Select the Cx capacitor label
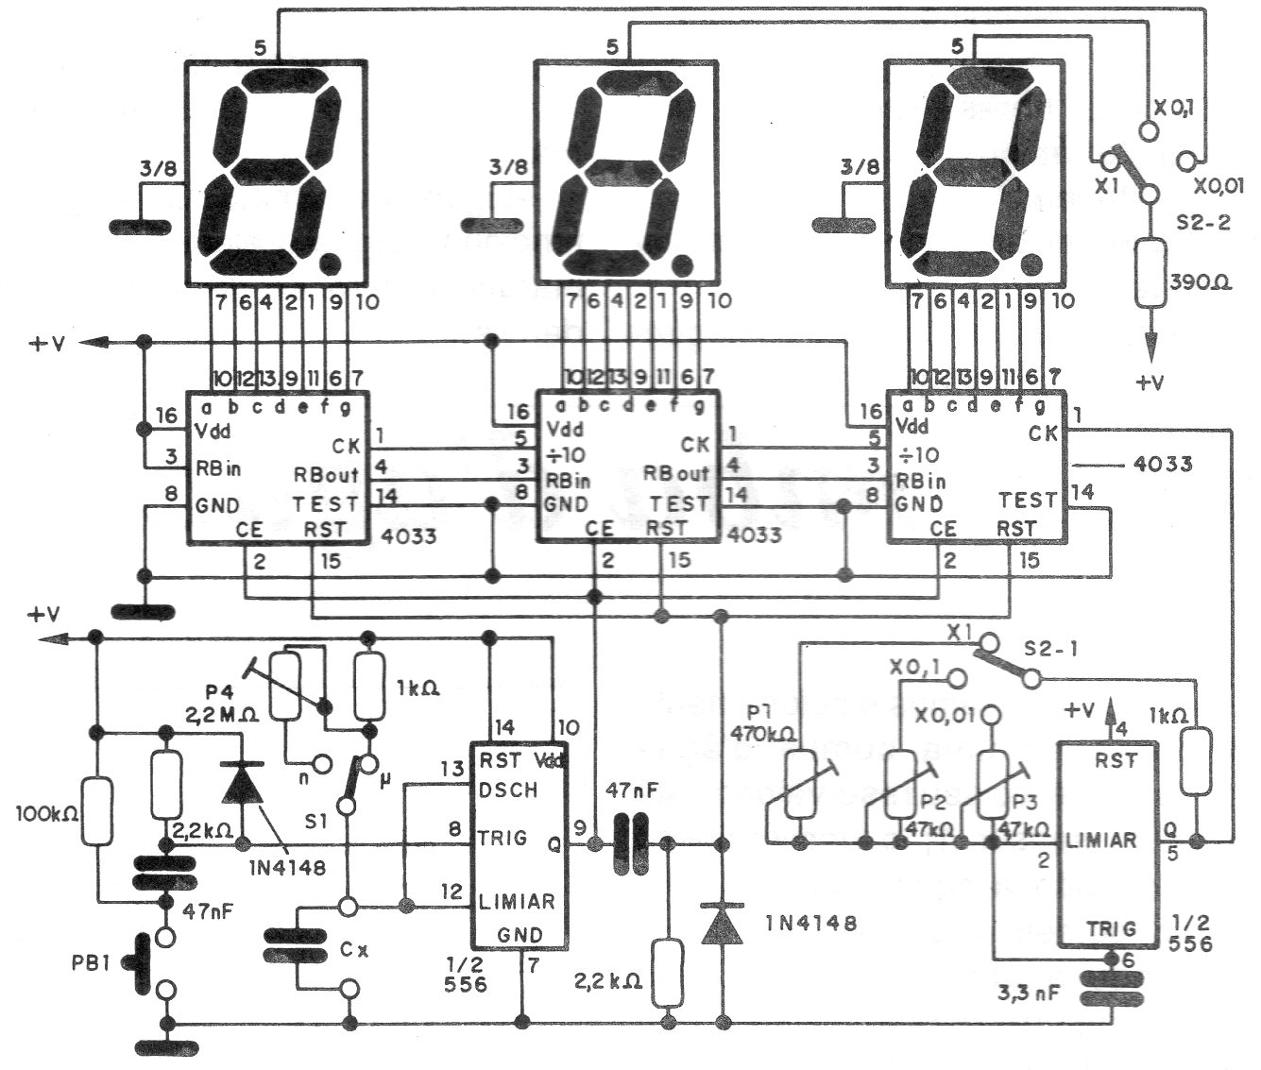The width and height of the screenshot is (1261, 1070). pos(355,949)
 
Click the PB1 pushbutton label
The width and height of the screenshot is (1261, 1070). pos(93,966)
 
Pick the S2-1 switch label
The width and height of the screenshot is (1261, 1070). pos(1054,651)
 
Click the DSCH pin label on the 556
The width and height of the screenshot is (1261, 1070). pos(509,790)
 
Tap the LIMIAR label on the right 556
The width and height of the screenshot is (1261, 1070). pos(1099,840)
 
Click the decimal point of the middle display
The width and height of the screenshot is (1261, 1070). pos(680,262)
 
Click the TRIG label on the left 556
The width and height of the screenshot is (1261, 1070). pos(503,837)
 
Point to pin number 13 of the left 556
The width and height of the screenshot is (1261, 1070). pos(452,770)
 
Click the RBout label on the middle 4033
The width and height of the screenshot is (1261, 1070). pos(676,473)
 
